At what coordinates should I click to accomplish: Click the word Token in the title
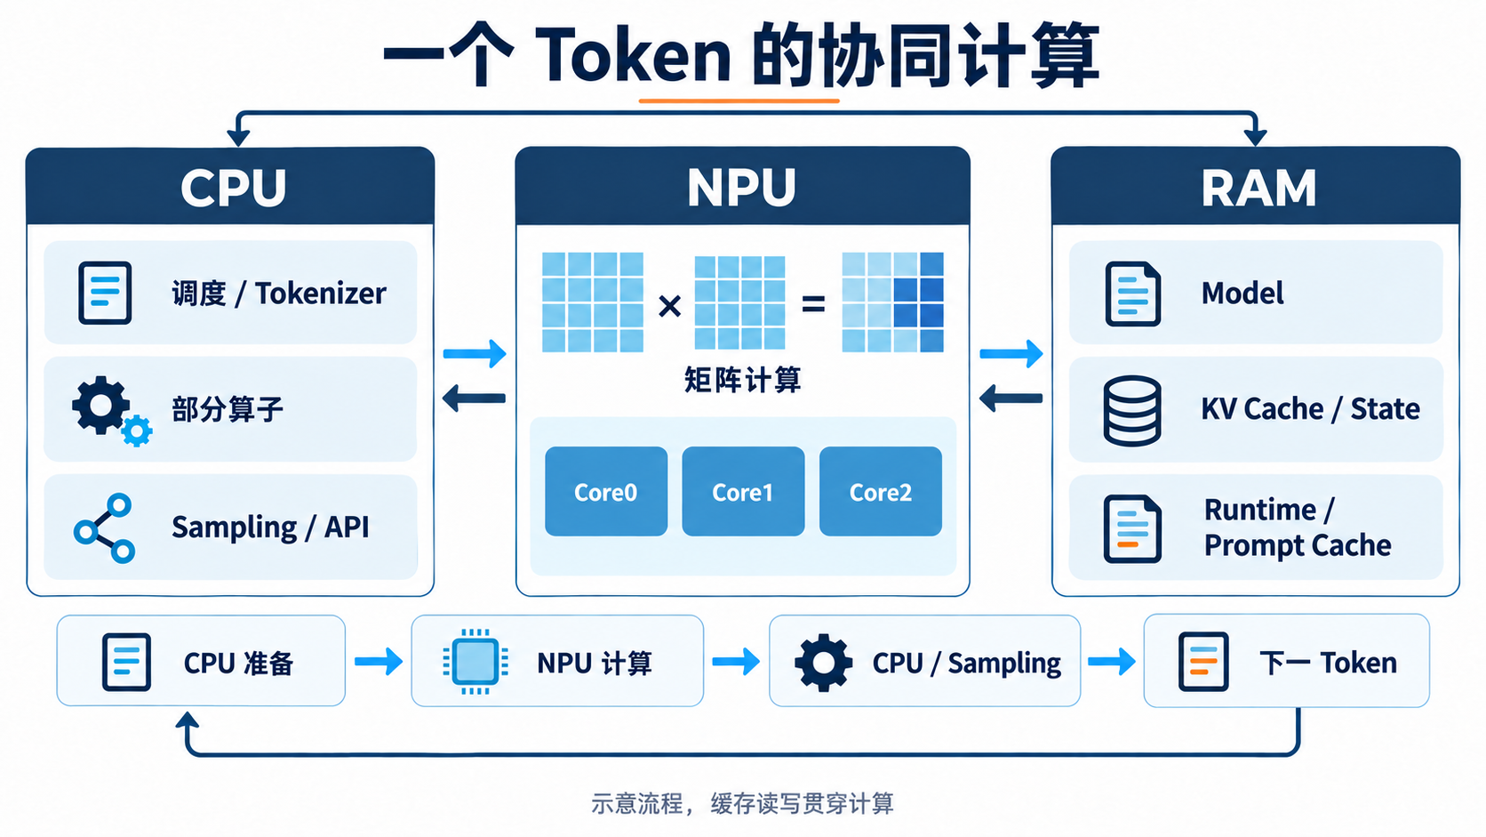click(633, 56)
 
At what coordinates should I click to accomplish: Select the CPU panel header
click(230, 186)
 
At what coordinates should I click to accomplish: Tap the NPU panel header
click(742, 186)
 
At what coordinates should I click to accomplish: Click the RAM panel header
click(1256, 186)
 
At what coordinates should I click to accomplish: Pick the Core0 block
click(605, 491)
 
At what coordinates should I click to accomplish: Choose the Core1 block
click(743, 491)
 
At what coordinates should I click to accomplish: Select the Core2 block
click(881, 491)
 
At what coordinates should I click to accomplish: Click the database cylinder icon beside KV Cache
click(1132, 410)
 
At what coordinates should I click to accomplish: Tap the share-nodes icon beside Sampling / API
click(104, 528)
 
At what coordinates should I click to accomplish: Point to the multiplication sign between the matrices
click(669, 306)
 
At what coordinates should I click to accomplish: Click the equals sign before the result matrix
click(813, 305)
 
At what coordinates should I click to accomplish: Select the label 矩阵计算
click(742, 380)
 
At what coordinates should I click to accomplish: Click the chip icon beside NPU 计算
click(475, 661)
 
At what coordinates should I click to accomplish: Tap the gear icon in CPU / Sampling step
click(823, 663)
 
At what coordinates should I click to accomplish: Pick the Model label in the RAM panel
click(1242, 293)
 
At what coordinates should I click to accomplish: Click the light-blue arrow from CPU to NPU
click(475, 354)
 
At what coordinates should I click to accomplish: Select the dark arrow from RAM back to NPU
click(1011, 398)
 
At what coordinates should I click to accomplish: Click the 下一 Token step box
click(1286, 661)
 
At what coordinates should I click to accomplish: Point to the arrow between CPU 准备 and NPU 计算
click(379, 661)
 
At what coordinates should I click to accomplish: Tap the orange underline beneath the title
click(739, 101)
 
